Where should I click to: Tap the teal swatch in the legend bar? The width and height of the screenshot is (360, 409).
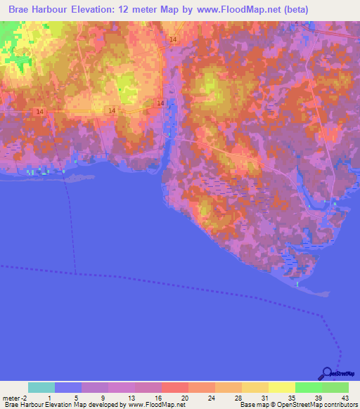41,387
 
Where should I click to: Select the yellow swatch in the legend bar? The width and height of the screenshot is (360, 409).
282,387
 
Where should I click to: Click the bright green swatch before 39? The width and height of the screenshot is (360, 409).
309,387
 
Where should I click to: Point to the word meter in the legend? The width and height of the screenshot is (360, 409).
11,397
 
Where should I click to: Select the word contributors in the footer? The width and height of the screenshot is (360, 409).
340,405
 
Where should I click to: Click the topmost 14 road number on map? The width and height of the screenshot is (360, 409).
173,39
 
